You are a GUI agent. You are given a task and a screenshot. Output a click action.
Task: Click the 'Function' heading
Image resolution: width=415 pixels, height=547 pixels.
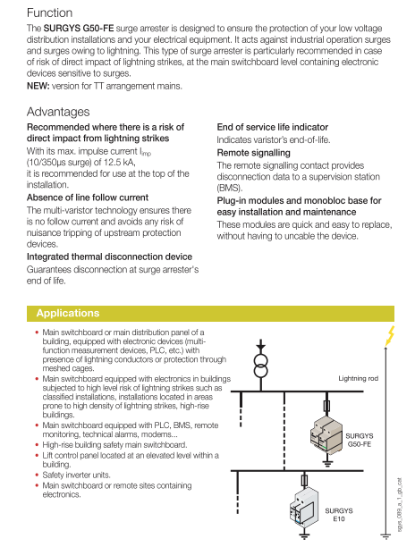tap(49, 13)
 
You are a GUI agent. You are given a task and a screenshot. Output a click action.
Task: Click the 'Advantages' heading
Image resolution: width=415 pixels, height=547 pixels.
tap(58, 112)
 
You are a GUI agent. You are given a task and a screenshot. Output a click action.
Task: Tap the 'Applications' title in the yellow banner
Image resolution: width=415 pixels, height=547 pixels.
tap(68, 313)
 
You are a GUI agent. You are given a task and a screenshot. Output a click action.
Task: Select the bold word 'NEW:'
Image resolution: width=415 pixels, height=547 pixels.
tap(38, 86)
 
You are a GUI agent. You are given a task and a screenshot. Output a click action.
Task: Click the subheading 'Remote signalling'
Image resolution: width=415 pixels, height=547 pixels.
tap(253, 153)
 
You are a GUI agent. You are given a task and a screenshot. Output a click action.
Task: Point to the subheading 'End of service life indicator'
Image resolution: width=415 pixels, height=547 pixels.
tap(272, 127)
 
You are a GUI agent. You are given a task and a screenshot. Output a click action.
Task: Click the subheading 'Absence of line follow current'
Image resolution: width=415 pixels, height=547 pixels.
tap(88, 198)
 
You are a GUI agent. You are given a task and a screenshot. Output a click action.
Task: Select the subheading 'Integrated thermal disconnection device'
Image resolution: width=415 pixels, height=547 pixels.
tap(109, 257)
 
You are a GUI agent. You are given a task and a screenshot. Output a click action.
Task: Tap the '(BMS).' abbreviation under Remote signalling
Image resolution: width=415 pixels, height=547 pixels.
tap(229, 188)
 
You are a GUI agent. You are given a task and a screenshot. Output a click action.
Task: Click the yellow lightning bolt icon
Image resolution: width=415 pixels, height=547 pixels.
tap(389, 336)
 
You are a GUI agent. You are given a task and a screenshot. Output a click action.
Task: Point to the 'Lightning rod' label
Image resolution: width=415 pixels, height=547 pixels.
tap(358, 378)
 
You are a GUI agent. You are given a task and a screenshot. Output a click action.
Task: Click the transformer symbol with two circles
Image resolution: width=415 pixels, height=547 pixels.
tap(260, 366)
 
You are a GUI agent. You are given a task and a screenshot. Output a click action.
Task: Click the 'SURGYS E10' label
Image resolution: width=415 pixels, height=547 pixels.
tap(339, 515)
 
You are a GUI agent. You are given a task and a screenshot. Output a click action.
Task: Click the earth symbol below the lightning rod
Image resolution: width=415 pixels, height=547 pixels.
tap(385, 537)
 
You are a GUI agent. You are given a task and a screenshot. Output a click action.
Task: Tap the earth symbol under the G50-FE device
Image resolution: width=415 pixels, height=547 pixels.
tap(327, 464)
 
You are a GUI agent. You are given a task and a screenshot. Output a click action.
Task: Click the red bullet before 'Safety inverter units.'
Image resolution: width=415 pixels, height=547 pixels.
tap(37, 475)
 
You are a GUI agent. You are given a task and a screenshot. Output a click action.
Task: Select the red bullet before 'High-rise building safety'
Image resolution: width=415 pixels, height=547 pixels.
tap(37, 445)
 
